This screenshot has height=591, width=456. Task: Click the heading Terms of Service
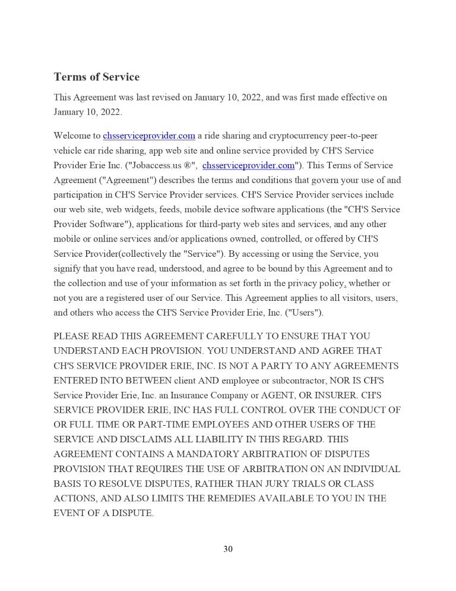(96, 77)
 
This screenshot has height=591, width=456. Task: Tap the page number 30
(228, 549)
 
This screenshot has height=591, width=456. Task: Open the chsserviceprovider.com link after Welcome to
(149, 136)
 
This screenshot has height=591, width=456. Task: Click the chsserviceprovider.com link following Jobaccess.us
(248, 165)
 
